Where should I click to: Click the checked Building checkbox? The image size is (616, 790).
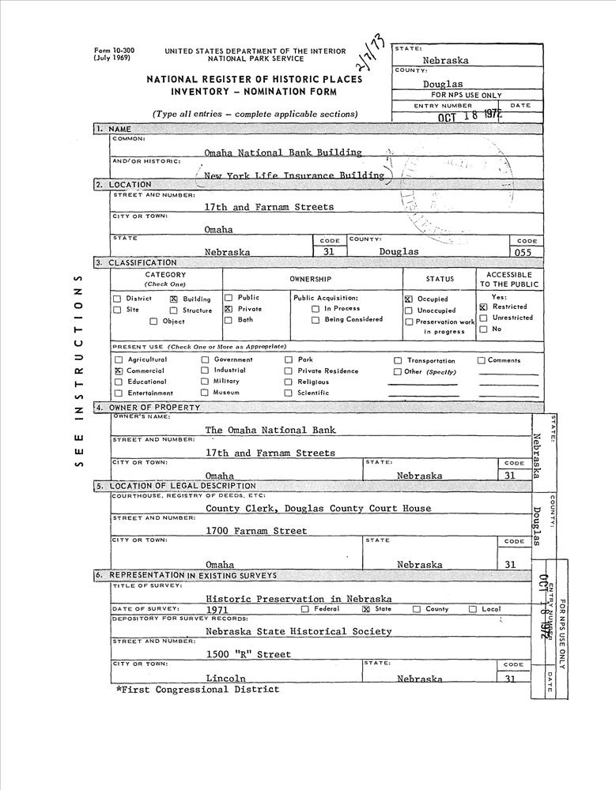[x=174, y=299]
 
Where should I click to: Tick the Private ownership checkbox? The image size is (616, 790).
[x=229, y=309]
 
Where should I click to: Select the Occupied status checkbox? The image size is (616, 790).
[x=409, y=299]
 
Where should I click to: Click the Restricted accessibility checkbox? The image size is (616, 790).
[x=483, y=307]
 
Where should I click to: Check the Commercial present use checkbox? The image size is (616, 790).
[x=118, y=371]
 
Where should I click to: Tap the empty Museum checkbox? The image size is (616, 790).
[x=205, y=393]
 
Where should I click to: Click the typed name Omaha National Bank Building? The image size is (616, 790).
[x=282, y=152]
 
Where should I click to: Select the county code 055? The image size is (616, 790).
[x=523, y=253]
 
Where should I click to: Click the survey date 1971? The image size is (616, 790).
[x=217, y=610]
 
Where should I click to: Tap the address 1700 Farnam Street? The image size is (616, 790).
[x=255, y=531]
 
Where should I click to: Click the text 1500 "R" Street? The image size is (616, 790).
[x=248, y=654]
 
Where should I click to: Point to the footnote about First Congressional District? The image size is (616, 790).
[x=197, y=690]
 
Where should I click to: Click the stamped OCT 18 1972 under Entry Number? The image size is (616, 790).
[x=470, y=117]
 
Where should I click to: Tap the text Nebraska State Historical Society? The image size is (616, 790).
[x=298, y=631]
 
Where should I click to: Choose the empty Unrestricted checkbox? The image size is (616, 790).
[x=483, y=318]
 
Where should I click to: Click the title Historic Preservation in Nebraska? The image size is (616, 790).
[x=298, y=598]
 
